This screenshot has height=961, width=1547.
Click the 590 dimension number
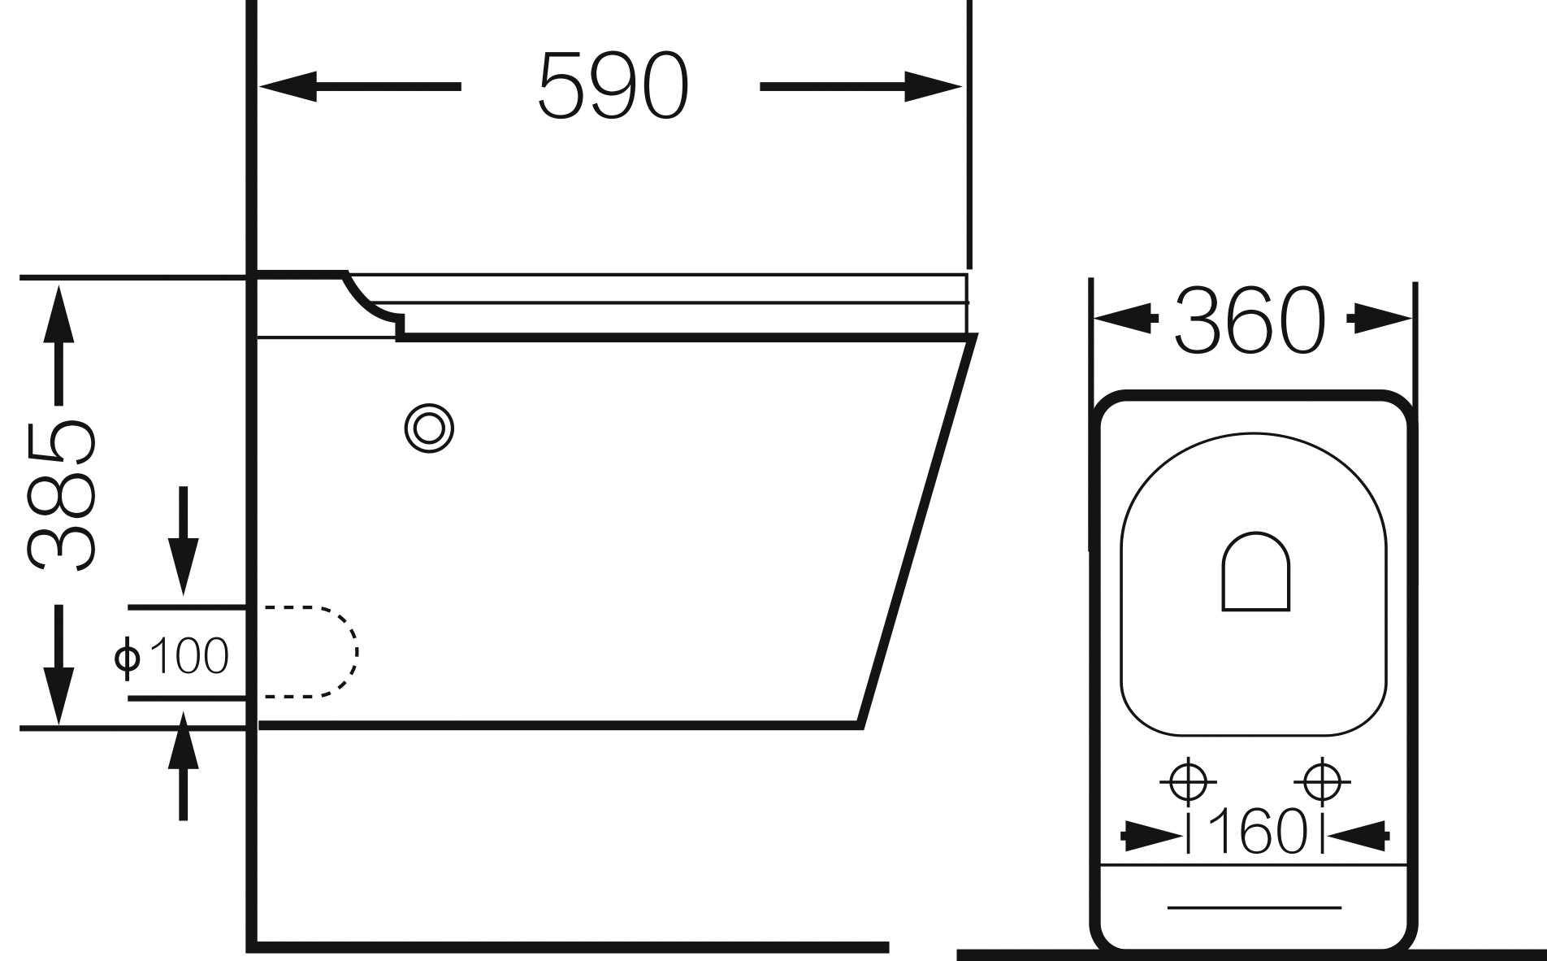tap(613, 86)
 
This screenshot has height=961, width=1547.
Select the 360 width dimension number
tap(1250, 320)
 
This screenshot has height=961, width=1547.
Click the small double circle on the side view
tap(429, 428)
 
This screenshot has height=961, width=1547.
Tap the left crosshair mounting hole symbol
tap(1188, 782)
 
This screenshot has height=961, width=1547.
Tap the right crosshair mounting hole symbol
tap(1322, 782)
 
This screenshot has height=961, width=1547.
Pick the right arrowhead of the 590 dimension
tap(934, 87)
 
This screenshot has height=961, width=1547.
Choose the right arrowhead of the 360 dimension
tap(1380, 318)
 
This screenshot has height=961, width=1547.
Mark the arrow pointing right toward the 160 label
tap(1151, 835)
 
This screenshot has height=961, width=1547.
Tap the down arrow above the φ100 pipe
tap(183, 541)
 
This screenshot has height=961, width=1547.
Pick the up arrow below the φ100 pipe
tap(183, 766)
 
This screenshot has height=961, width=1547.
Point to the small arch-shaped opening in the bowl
tap(1256, 571)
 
